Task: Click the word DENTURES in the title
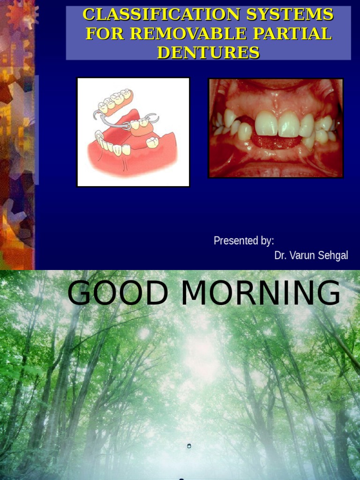point(208,52)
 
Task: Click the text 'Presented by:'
point(244,241)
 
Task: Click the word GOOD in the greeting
point(118,293)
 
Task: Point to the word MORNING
point(261,293)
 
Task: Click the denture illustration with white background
point(133,132)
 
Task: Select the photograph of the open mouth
point(276,128)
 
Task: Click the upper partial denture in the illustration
point(115,102)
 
